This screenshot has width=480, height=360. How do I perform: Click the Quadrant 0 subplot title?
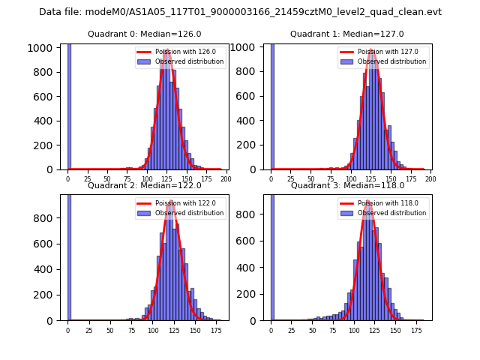click(144, 34)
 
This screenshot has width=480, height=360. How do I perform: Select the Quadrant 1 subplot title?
click(347, 34)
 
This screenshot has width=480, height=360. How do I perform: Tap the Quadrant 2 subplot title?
click(144, 185)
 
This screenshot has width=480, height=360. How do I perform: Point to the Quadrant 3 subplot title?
click(347, 185)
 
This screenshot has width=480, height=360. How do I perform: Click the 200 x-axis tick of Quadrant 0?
click(225, 179)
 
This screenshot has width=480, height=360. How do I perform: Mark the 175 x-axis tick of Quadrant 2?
click(217, 330)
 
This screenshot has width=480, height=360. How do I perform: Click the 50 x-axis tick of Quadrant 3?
click(313, 330)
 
